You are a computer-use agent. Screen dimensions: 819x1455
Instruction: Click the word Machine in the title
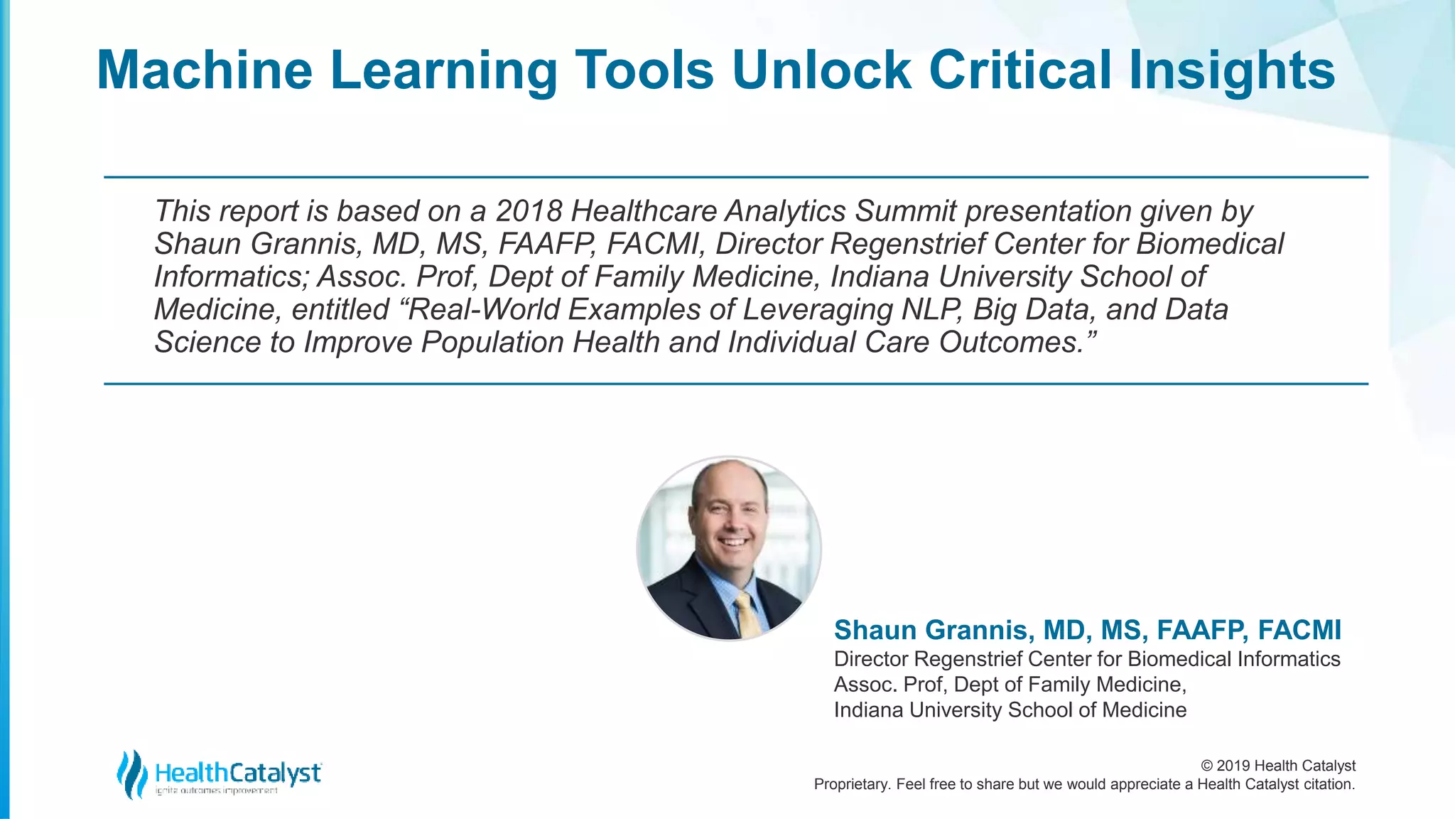[x=205, y=70]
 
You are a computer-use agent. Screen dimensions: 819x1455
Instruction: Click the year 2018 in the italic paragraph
[x=529, y=211]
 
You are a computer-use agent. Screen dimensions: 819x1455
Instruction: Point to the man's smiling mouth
[x=734, y=542]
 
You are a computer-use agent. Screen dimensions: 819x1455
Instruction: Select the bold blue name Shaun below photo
[x=877, y=630]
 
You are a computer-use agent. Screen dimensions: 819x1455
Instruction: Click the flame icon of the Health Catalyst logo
[x=132, y=773]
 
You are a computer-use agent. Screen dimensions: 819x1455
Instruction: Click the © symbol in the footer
[x=1206, y=766]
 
